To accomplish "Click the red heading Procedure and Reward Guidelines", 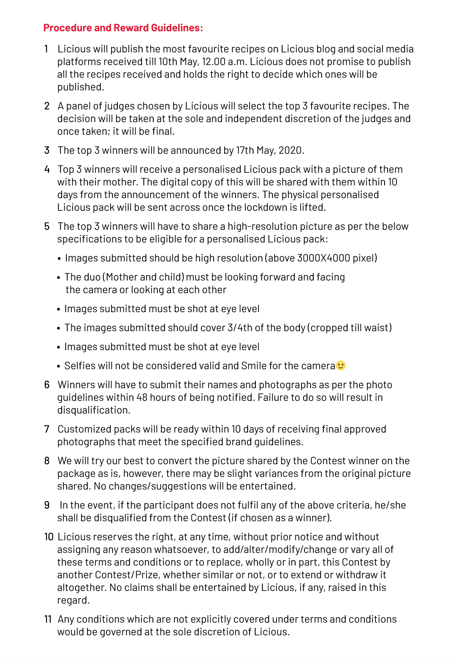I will [x=123, y=28].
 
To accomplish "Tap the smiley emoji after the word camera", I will [x=341, y=365].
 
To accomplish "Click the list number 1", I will [x=46, y=49].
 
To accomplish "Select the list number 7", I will [x=47, y=429].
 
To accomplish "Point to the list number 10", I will [x=49, y=537].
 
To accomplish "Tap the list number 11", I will [x=48, y=619].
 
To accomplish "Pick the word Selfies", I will [x=80, y=366].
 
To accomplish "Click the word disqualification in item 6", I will [x=93, y=410].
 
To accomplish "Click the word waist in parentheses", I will [x=377, y=328].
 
